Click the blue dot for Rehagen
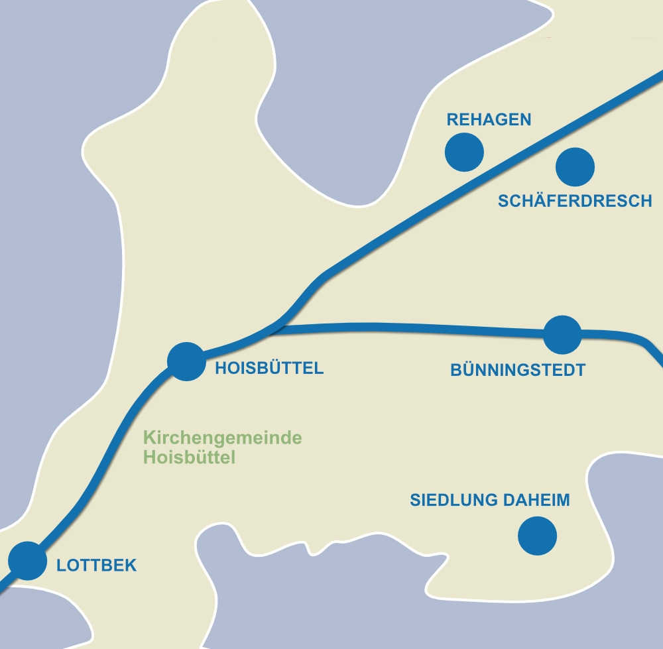point(464,152)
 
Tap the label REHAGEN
point(489,120)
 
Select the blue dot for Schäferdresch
point(575,166)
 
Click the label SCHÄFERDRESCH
point(575,201)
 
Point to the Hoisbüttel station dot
point(186,361)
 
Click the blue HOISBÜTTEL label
point(269,368)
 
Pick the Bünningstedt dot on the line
point(562,335)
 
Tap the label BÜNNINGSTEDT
point(518,371)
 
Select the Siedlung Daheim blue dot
point(537,536)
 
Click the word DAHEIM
point(538,500)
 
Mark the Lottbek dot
point(27,561)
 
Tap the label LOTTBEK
point(97,565)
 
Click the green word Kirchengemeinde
point(223,438)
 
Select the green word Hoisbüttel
point(190,457)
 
